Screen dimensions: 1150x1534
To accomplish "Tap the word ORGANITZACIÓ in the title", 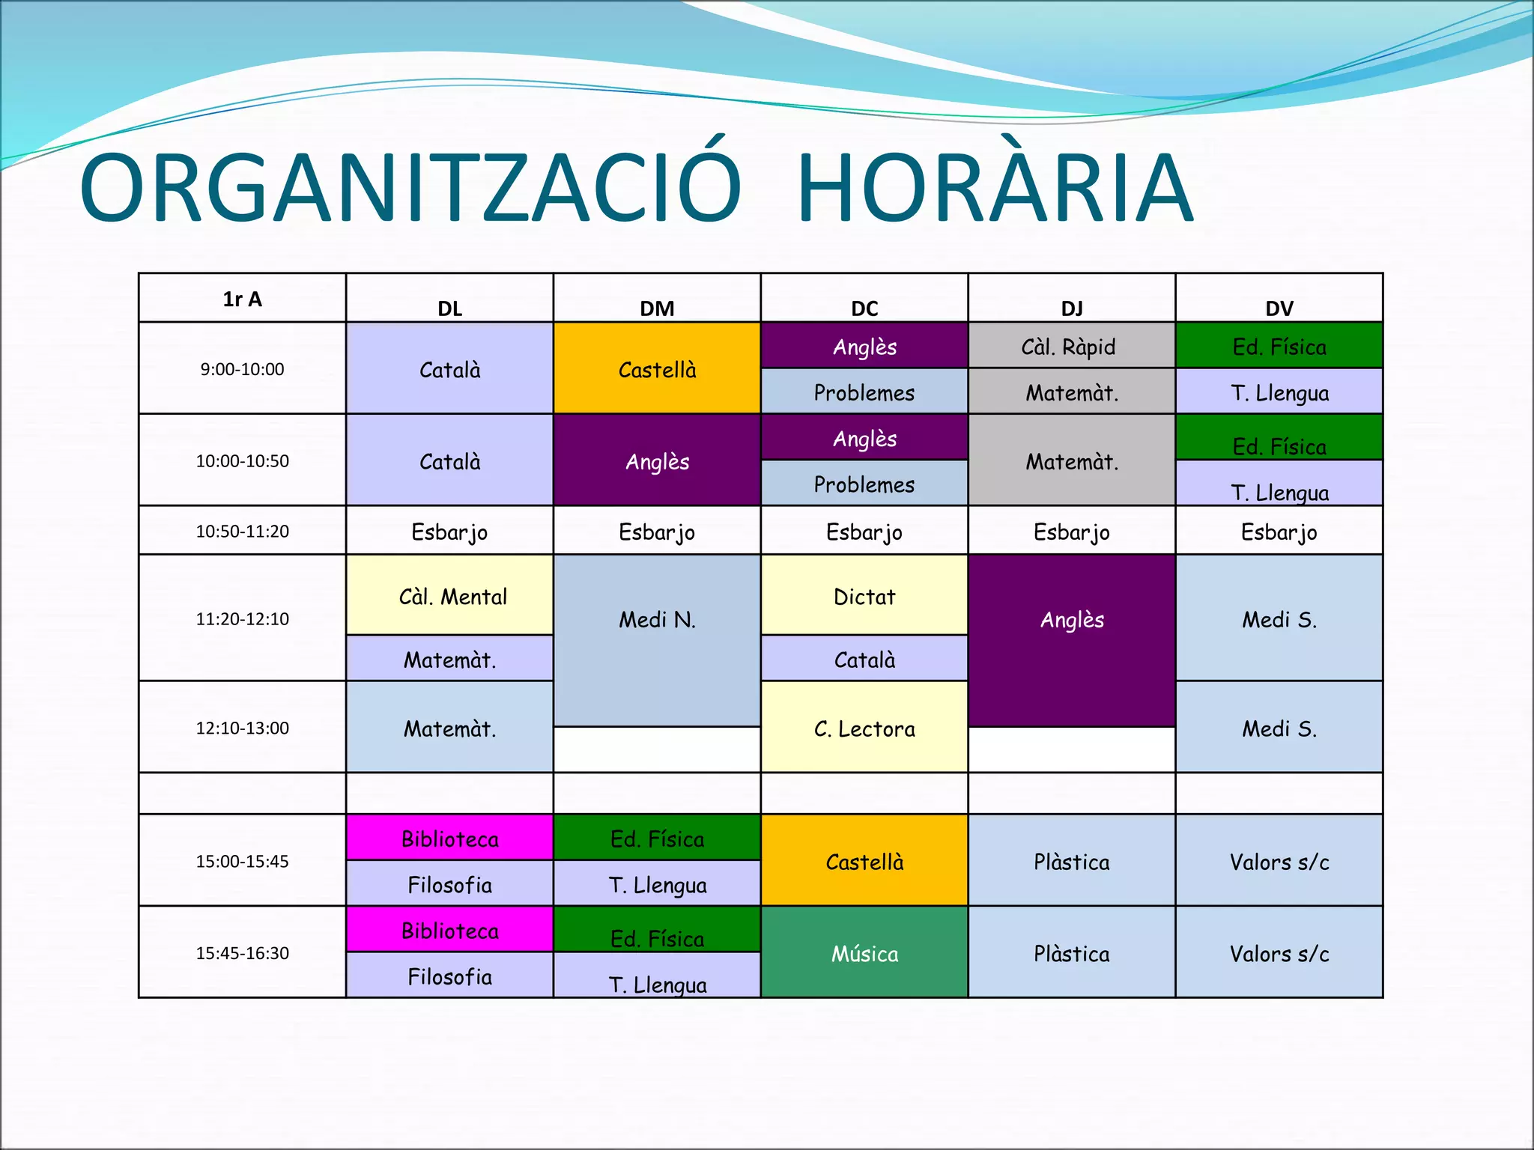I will coord(410,189).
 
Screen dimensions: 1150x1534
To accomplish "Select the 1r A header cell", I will coord(242,299).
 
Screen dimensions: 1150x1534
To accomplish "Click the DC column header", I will coord(864,308).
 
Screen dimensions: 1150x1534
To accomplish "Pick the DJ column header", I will coord(1072,308).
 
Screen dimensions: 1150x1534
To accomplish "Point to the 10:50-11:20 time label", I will coord(242,531).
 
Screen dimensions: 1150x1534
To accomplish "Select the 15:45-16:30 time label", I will coord(242,953).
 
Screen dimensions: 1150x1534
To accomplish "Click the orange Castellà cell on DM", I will coord(657,369).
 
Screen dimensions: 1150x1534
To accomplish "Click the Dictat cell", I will coord(864,596).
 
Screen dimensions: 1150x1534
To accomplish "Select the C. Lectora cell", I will coord(864,728).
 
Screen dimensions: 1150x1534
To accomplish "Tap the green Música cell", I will coord(864,953).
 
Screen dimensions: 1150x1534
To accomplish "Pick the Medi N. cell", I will coord(657,620).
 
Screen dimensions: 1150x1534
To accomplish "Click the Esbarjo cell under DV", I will coord(1279,532).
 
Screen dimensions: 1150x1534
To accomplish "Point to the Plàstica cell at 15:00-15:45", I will coord(1072,861).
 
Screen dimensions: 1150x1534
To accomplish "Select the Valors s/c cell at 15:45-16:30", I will coord(1279,953).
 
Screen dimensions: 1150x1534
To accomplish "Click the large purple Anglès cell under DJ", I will coord(1072,620).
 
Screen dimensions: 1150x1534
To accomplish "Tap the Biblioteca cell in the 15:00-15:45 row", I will coord(449,839).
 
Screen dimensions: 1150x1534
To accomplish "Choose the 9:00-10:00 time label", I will coord(242,369).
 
